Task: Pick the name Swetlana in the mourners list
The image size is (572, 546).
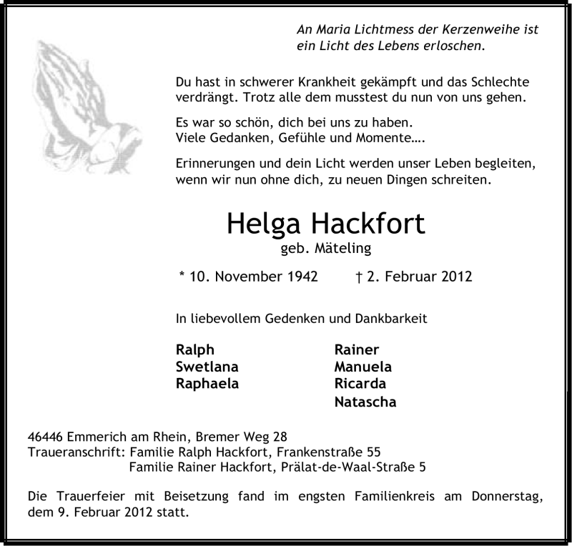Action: click(x=207, y=367)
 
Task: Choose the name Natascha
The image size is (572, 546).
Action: click(x=365, y=402)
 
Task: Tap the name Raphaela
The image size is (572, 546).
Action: click(x=207, y=384)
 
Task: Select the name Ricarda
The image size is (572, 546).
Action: click(x=360, y=384)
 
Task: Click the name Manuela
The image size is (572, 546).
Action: click(x=363, y=367)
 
